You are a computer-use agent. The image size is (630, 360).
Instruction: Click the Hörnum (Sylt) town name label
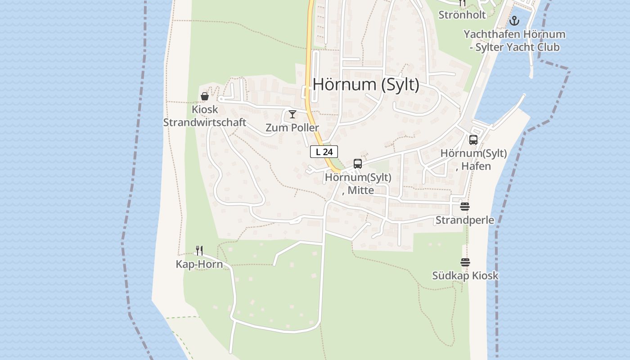(366, 85)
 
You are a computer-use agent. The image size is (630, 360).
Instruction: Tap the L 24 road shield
(324, 152)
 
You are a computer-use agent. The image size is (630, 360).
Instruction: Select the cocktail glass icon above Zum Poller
(292, 114)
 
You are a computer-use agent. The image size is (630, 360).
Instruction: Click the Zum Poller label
(292, 128)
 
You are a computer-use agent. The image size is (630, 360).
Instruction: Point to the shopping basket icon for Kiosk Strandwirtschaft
(205, 96)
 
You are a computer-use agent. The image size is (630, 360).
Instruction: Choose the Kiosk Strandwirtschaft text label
(205, 116)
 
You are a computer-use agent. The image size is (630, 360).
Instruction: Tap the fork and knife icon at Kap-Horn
(199, 251)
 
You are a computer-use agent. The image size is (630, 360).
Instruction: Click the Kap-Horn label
(199, 264)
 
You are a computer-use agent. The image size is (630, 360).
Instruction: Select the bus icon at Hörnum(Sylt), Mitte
(358, 164)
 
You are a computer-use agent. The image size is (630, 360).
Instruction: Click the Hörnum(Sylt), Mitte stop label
(358, 184)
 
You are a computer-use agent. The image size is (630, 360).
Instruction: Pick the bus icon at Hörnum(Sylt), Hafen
(473, 140)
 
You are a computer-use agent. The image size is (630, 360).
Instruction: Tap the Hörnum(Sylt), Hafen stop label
(473, 160)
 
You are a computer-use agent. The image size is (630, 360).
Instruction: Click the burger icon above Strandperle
(465, 207)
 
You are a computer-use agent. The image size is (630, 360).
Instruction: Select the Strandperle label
(465, 220)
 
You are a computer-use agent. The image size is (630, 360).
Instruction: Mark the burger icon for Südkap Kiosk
(465, 262)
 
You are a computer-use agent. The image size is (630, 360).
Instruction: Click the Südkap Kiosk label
(465, 276)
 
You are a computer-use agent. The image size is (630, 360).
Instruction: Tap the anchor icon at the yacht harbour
(514, 21)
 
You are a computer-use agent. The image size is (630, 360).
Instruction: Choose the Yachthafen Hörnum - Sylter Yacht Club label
(514, 40)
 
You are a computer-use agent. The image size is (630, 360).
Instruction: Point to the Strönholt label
(462, 15)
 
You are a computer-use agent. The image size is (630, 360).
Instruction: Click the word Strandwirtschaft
(205, 122)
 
